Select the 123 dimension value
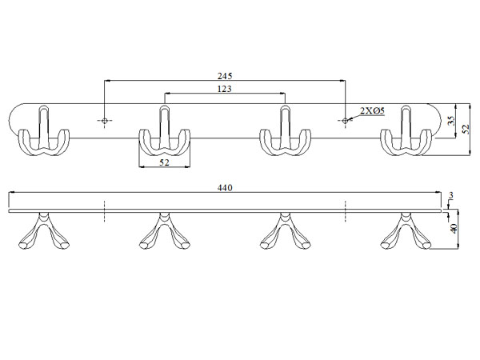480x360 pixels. point(224,89)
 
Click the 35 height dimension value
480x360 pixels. point(450,121)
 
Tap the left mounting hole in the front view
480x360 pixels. point(105,121)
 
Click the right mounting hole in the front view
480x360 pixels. point(345,121)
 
